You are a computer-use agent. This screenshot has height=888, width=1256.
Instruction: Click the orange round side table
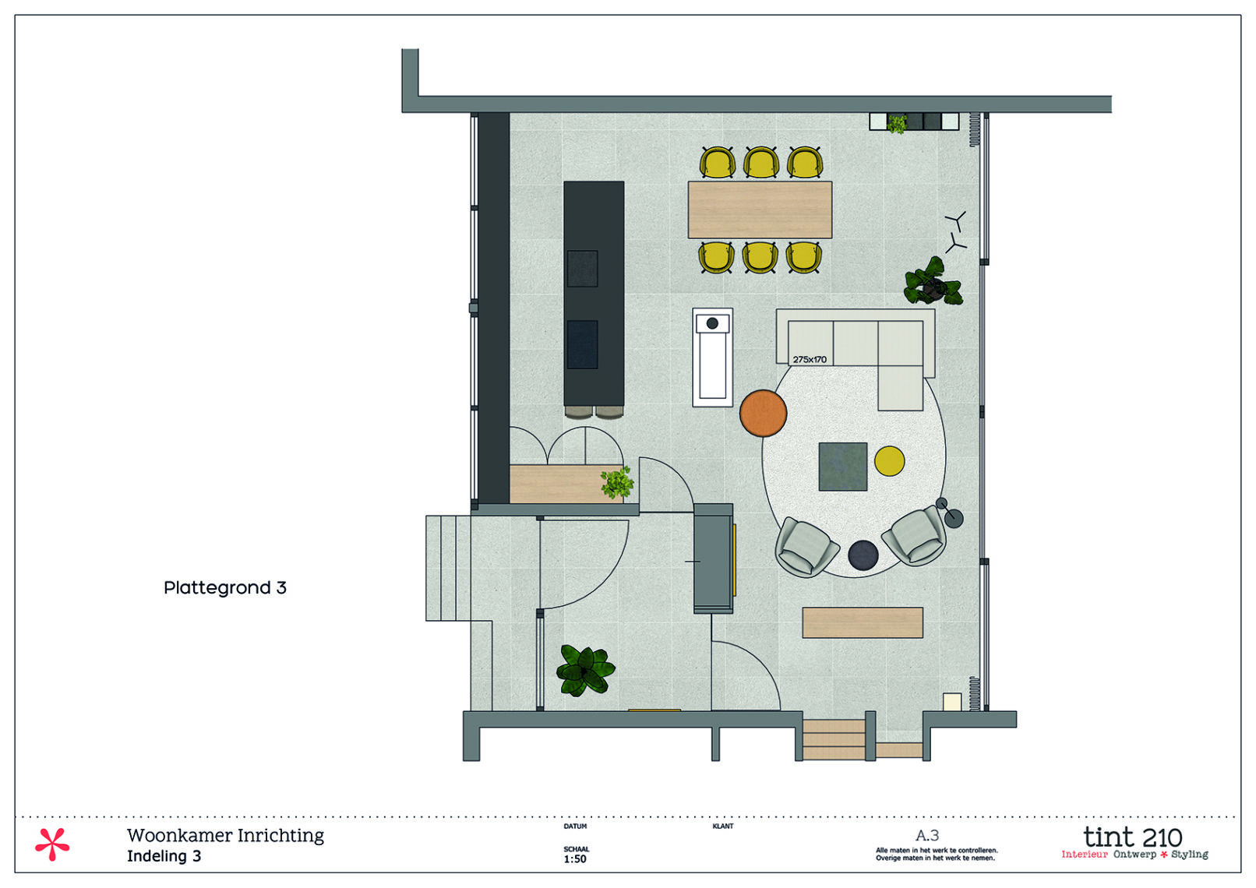tap(763, 413)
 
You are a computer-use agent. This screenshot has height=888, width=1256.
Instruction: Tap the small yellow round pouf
tap(889, 460)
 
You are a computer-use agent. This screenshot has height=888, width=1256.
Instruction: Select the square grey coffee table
tap(842, 467)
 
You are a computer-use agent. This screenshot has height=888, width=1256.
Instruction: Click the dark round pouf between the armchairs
tap(863, 555)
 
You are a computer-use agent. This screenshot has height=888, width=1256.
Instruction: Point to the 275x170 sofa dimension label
tap(810, 360)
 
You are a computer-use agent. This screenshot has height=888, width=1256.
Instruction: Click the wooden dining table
tap(760, 210)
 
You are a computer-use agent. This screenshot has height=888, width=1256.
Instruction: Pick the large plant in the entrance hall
tap(585, 670)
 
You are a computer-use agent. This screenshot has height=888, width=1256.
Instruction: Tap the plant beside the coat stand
tap(933, 282)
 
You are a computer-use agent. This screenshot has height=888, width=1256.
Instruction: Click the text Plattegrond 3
tap(225, 587)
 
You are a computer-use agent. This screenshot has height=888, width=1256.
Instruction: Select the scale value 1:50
tap(575, 859)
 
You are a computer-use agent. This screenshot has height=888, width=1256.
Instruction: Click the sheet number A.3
tap(927, 836)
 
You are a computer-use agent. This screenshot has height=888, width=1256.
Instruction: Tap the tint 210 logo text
tap(1132, 837)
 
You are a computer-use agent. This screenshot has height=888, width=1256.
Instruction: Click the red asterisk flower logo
tap(52, 844)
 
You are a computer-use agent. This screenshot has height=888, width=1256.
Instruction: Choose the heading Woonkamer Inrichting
tap(225, 835)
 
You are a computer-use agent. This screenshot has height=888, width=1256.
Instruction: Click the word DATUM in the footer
tap(575, 826)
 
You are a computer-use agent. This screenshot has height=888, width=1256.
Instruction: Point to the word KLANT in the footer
tap(722, 826)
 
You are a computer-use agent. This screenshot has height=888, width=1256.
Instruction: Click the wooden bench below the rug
tap(863, 622)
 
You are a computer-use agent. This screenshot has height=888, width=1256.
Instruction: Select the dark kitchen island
tap(594, 294)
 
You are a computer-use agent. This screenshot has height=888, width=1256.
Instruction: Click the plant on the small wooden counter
tap(617, 483)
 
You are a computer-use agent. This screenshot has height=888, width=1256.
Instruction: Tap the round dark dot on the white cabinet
tap(712, 323)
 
